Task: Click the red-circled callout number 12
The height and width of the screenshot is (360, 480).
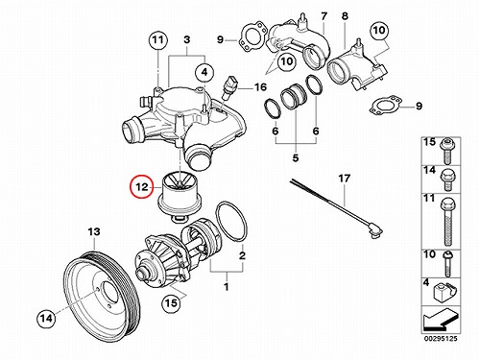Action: pyautogui.click(x=142, y=187)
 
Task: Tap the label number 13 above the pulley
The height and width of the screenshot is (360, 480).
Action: pyautogui.click(x=94, y=231)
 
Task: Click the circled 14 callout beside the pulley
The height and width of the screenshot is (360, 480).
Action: pyautogui.click(x=46, y=318)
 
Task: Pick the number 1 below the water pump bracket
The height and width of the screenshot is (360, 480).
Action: pyautogui.click(x=227, y=287)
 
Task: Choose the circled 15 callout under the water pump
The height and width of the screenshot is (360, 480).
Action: pyautogui.click(x=171, y=302)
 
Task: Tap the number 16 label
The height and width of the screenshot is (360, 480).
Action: pyautogui.click(x=260, y=86)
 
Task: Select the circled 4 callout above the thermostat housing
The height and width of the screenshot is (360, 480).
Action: pyautogui.click(x=204, y=72)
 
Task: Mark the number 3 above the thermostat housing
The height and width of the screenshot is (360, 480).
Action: pyautogui.click(x=187, y=39)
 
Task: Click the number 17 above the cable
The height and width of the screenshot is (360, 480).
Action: pyautogui.click(x=344, y=179)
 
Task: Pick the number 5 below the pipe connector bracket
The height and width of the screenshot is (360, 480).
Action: pyautogui.click(x=296, y=157)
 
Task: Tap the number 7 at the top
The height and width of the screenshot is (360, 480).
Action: pyautogui.click(x=324, y=16)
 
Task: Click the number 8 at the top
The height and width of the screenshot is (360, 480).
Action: pyautogui.click(x=345, y=16)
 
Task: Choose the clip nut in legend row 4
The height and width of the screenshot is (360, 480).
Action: pyautogui.click(x=444, y=293)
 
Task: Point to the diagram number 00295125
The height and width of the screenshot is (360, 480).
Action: pyautogui.click(x=441, y=339)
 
